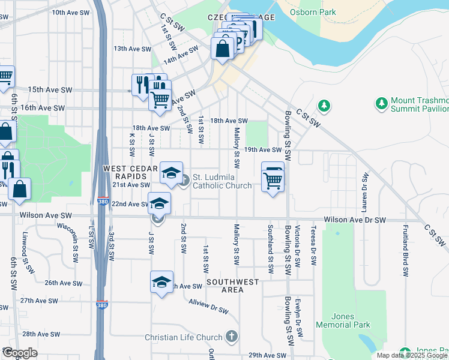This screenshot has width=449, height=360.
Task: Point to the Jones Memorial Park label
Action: click(x=351, y=320)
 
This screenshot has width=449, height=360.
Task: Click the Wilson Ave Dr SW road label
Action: click(x=355, y=220)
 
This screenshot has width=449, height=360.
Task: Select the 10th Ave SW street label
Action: click(x=71, y=12)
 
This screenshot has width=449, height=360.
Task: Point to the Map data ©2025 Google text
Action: click(x=412, y=355)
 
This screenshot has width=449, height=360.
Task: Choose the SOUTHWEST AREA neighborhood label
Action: click(x=233, y=286)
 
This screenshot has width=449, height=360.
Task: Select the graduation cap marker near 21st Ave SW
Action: click(x=171, y=173)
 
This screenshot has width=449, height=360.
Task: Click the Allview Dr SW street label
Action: click(x=208, y=306)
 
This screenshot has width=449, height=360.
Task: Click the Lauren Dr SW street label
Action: click(x=364, y=193)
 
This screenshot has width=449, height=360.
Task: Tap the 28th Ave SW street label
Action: click(x=40, y=334)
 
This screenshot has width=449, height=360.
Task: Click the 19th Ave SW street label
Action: click(x=262, y=149)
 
